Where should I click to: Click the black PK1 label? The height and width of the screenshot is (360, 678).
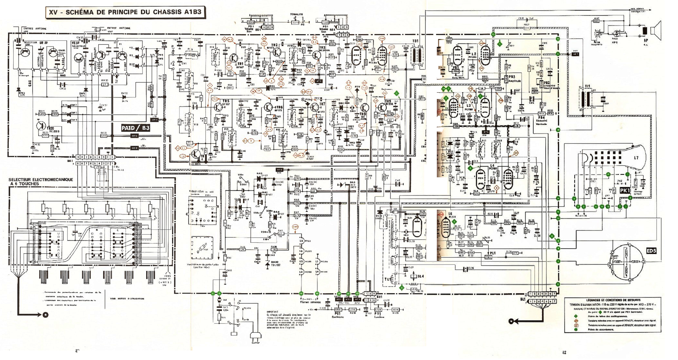tap(625, 190)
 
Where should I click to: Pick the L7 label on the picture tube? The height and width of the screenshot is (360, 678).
tap(636, 158)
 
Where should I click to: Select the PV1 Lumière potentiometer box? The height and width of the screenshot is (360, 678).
tap(378, 310)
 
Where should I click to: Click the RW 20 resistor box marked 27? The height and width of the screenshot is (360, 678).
tap(105, 85)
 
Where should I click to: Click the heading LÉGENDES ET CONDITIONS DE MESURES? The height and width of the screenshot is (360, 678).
tap(613, 300)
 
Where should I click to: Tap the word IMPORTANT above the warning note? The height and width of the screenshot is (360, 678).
tap(272, 312)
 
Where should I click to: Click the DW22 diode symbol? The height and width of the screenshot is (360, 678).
tap(129, 97)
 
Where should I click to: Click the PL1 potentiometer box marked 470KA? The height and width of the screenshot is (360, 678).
tap(488, 257)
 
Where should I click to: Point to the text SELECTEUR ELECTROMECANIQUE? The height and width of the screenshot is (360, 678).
tap(41, 180)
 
